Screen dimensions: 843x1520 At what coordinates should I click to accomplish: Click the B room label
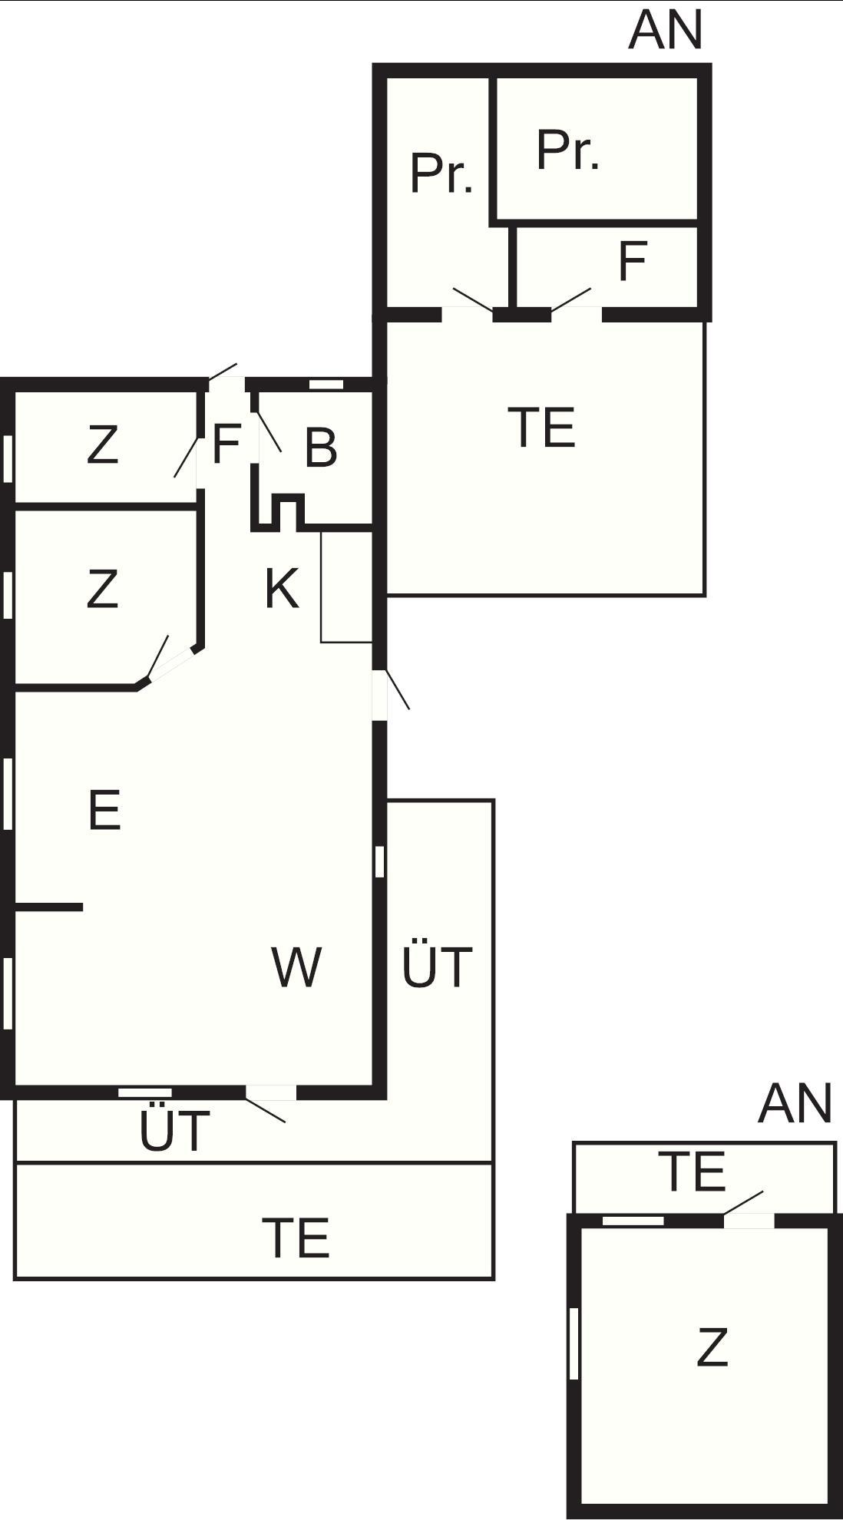(321, 448)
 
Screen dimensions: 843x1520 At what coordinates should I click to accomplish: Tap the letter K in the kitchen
(282, 589)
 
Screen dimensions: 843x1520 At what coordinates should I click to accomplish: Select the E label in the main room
(104, 810)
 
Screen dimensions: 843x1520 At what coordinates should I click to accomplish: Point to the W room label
(296, 967)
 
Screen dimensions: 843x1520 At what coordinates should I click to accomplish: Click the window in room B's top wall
(326, 385)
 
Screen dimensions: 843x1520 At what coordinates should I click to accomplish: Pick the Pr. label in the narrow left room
(441, 173)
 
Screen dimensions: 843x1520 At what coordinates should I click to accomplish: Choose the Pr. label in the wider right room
(567, 150)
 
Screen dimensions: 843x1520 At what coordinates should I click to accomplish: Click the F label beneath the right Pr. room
(633, 262)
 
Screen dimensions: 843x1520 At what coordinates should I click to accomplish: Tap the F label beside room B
(226, 444)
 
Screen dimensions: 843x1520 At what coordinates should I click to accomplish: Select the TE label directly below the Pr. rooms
(542, 428)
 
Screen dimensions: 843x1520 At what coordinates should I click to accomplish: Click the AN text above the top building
(666, 30)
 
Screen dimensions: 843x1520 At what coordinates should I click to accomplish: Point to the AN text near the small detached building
(795, 1104)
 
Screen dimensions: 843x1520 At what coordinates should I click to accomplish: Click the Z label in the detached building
(712, 1347)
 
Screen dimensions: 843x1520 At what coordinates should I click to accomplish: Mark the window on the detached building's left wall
(574, 1343)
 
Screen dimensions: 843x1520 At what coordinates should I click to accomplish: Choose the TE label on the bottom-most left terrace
(296, 1237)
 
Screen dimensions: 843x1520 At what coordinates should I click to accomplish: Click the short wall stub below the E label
(49, 907)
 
